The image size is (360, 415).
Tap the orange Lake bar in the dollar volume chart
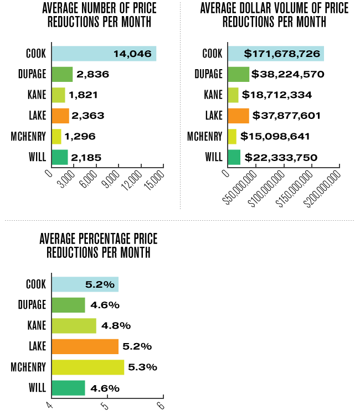[238, 116]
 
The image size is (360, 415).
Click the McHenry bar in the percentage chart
[88, 367]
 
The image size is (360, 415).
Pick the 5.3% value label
[143, 367]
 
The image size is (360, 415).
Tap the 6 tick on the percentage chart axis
[161, 406]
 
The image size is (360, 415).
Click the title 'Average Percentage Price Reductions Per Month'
[99, 245]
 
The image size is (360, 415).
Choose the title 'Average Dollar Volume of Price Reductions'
[274, 15]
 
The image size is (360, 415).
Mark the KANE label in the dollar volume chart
[213, 95]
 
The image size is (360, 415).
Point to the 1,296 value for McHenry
[81, 137]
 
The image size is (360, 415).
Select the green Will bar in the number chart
[59, 157]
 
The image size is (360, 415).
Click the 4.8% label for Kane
[115, 326]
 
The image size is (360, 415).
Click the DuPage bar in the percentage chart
[68, 305]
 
